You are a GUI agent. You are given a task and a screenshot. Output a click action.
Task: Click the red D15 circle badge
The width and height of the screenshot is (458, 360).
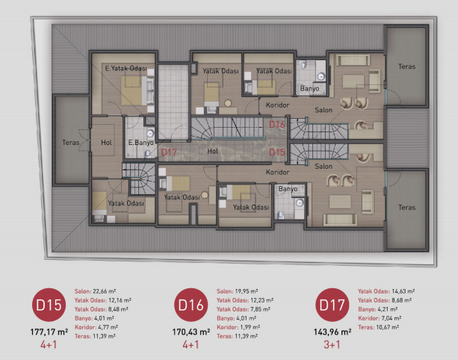(x=49, y=305)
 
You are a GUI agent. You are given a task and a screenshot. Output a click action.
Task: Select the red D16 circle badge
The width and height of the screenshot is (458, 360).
(x=191, y=305)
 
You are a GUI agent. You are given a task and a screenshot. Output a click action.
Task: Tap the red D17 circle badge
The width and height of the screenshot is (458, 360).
(x=332, y=305)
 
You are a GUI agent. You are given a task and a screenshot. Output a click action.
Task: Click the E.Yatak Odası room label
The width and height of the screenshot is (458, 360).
(x=126, y=68)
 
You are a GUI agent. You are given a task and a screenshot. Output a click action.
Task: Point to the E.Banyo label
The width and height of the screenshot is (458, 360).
(x=140, y=143)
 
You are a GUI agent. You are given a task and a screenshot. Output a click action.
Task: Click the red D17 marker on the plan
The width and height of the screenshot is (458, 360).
(x=169, y=152)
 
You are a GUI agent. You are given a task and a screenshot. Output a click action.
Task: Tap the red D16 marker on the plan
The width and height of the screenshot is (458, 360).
(x=276, y=125)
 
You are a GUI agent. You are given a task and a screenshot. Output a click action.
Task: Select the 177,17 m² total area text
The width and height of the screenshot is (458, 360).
(x=49, y=332)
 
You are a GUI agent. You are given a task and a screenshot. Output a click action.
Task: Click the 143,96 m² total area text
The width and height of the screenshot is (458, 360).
(x=332, y=332)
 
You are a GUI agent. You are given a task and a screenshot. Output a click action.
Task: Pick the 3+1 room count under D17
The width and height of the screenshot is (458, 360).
(x=332, y=344)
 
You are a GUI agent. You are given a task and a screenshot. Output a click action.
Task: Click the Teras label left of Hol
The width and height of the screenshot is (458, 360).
(x=71, y=143)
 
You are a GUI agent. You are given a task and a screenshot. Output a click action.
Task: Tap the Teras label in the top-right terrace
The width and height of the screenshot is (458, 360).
(x=406, y=66)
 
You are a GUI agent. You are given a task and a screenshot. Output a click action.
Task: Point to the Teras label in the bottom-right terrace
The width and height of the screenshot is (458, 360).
(x=406, y=208)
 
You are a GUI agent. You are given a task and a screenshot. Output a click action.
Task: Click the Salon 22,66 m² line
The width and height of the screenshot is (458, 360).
(x=95, y=291)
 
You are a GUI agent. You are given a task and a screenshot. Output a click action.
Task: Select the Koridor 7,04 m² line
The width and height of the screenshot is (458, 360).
(x=380, y=318)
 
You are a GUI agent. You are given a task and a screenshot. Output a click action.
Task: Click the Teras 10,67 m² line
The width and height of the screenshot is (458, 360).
(x=379, y=327)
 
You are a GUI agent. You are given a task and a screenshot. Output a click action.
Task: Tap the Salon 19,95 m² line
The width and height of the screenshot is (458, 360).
(x=237, y=291)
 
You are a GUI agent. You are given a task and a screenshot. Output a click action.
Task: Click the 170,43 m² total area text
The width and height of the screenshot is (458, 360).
(x=191, y=332)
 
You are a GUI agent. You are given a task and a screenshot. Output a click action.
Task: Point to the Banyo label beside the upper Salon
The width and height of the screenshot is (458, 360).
(x=309, y=88)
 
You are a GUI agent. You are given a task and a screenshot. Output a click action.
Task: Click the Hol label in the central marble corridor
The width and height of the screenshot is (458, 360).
(x=213, y=151)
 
